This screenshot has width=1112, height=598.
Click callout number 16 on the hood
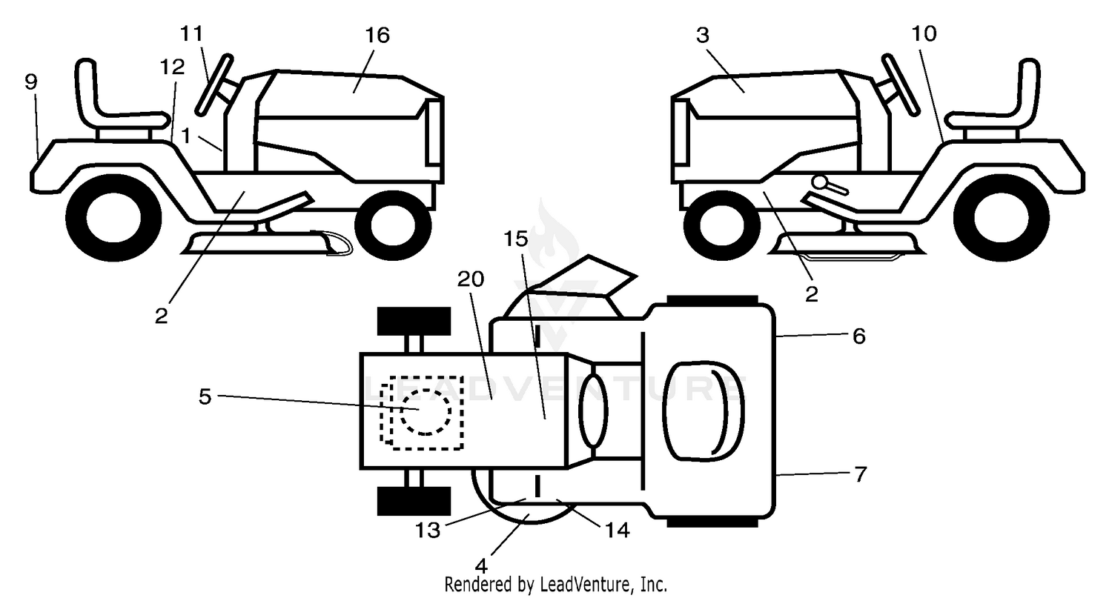(x=377, y=36)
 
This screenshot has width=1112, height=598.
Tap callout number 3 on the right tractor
(x=703, y=36)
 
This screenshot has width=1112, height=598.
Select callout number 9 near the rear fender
(x=31, y=82)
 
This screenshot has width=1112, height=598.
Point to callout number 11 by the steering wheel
(x=191, y=34)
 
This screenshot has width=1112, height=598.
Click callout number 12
(x=173, y=67)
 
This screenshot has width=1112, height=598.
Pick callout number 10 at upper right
(x=924, y=34)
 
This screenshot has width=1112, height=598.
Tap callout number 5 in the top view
(x=205, y=396)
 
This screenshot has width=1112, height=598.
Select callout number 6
(x=858, y=336)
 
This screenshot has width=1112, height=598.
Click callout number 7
(x=860, y=474)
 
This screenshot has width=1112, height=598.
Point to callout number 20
(x=471, y=279)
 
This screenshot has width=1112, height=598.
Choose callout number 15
(x=516, y=239)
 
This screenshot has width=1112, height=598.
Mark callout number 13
(x=428, y=531)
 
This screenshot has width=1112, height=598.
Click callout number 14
(x=618, y=531)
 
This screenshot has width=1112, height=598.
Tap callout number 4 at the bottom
(x=481, y=566)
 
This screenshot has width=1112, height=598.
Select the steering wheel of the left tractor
(x=214, y=85)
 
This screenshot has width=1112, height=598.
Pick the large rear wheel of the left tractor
(x=113, y=217)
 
